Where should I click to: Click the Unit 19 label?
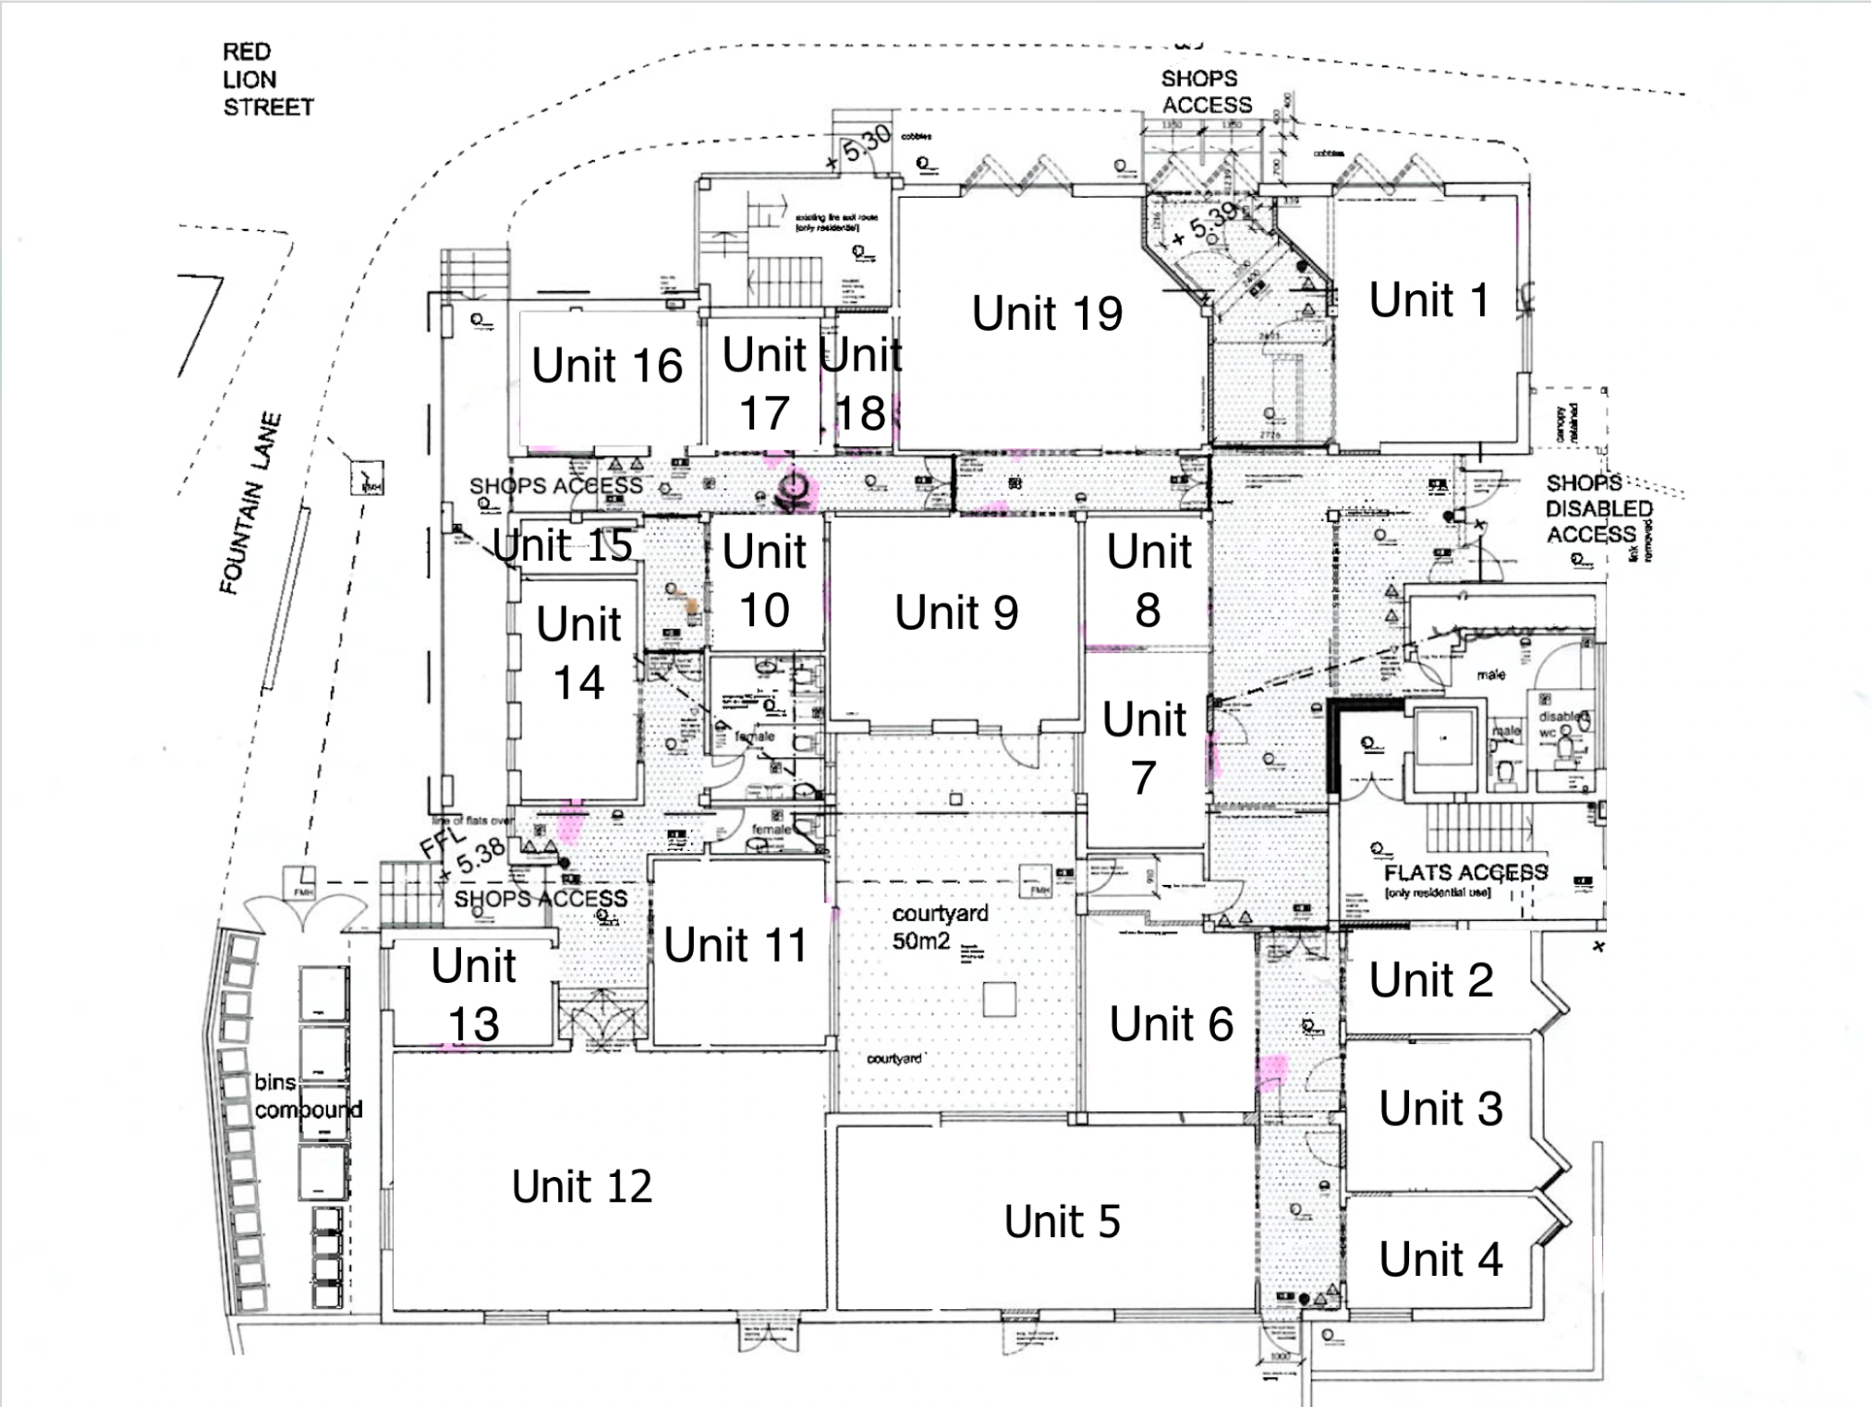[1047, 313]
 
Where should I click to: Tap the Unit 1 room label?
[1428, 300]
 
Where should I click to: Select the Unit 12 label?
[582, 1186]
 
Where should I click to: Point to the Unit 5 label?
[1062, 1221]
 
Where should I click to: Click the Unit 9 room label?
[956, 613]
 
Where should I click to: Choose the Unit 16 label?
[606, 365]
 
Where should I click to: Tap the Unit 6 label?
[1171, 1024]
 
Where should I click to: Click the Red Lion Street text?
[267, 79]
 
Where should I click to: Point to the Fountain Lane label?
[249, 503]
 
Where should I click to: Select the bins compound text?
[308, 1096]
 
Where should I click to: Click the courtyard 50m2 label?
[938, 927]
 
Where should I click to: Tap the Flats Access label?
[1464, 873]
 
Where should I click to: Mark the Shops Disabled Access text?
[1598, 509]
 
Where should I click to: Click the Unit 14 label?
[578, 652]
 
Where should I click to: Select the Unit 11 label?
[735, 945]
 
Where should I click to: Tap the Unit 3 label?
[1440, 1109]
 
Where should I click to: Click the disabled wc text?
[1561, 723]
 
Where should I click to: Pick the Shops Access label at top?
[1206, 91]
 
